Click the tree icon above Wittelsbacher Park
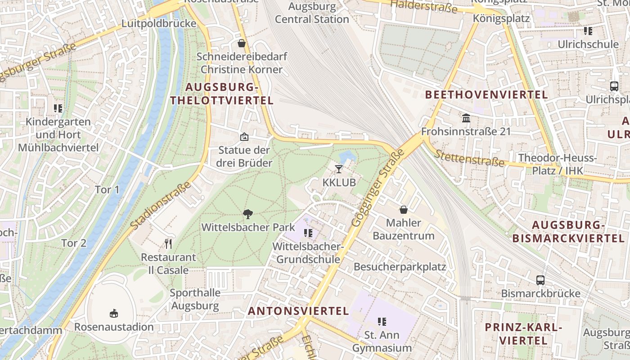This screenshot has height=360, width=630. [247, 214]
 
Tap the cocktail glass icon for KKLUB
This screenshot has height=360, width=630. [339, 169]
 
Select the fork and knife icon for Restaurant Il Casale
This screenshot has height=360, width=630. [168, 244]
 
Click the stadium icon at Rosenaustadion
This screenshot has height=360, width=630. [114, 313]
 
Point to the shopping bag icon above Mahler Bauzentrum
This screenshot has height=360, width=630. [404, 210]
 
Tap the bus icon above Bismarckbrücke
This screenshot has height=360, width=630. [540, 280]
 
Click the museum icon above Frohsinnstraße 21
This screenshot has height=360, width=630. [466, 118]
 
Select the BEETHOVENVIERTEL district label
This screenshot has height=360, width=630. [486, 94]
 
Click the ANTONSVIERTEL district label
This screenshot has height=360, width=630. [298, 311]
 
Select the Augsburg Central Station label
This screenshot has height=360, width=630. [312, 13]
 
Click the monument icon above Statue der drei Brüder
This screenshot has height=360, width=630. [244, 136]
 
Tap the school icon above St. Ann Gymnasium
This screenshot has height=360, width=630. [382, 321]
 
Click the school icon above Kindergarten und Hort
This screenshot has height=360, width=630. [58, 108]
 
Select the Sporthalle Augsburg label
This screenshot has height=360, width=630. [195, 299]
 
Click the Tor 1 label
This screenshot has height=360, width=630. [107, 189]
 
